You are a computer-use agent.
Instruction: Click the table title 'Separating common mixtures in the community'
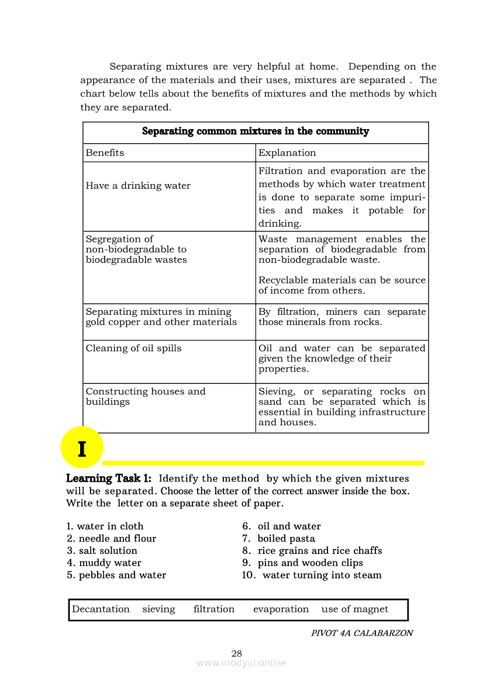pyautogui.click(x=256, y=131)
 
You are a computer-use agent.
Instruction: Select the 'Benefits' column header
pyautogui.click(x=105, y=153)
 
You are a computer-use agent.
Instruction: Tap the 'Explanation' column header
pyautogui.click(x=287, y=153)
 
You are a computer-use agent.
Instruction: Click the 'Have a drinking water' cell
pyautogui.click(x=138, y=186)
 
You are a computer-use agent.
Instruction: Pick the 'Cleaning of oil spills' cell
pyautogui.click(x=133, y=348)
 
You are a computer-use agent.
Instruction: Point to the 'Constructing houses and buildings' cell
pyautogui.click(x=146, y=397)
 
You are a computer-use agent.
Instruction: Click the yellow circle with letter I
pyautogui.click(x=82, y=449)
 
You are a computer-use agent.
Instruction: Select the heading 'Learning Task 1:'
pyautogui.click(x=109, y=479)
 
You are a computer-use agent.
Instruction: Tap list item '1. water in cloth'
pyautogui.click(x=105, y=526)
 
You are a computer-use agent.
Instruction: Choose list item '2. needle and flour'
pyautogui.click(x=112, y=539)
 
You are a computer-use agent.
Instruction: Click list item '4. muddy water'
pyautogui.click(x=104, y=563)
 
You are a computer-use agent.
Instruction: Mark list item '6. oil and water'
pyautogui.click(x=281, y=526)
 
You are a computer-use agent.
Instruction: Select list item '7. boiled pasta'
pyautogui.click(x=278, y=539)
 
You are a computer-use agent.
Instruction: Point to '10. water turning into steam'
pyautogui.click(x=312, y=575)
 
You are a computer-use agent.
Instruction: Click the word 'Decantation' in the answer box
pyautogui.click(x=101, y=609)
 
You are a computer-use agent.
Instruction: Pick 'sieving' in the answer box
pyautogui.click(x=158, y=609)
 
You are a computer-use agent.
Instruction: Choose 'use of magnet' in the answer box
pyautogui.click(x=354, y=609)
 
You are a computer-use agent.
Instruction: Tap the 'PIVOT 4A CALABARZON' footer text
pyautogui.click(x=362, y=633)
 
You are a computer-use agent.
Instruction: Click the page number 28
pyautogui.click(x=237, y=654)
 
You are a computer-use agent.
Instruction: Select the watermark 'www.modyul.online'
pyautogui.click(x=241, y=663)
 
